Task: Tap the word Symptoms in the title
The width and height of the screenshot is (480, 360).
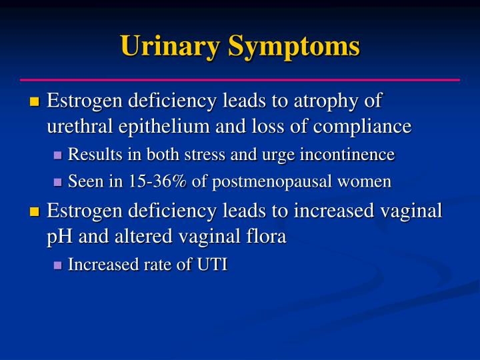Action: tap(295, 46)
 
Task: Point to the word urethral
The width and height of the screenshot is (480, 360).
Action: tap(75, 126)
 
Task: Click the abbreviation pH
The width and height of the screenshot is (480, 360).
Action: tap(58, 237)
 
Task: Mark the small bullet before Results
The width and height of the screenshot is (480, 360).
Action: tap(57, 155)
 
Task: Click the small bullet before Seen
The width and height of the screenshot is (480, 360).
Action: tap(57, 182)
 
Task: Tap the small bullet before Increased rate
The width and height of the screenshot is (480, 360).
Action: tap(57, 265)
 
